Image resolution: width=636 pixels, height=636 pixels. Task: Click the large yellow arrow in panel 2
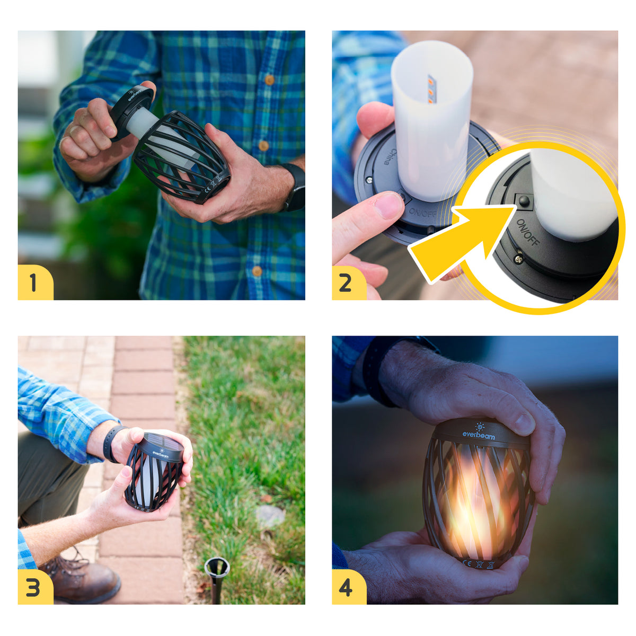[x=461, y=241]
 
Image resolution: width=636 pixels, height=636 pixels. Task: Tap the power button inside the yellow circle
[x=524, y=201]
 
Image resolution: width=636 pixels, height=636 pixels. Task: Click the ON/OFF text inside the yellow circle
[x=528, y=232]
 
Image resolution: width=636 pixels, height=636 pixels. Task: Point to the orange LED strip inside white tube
[x=431, y=89]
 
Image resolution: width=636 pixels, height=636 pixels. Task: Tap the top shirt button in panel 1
[x=269, y=80]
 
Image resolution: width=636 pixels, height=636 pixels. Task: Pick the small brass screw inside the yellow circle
[x=518, y=259]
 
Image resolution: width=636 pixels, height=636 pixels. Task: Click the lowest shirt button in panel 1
[x=257, y=271]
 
